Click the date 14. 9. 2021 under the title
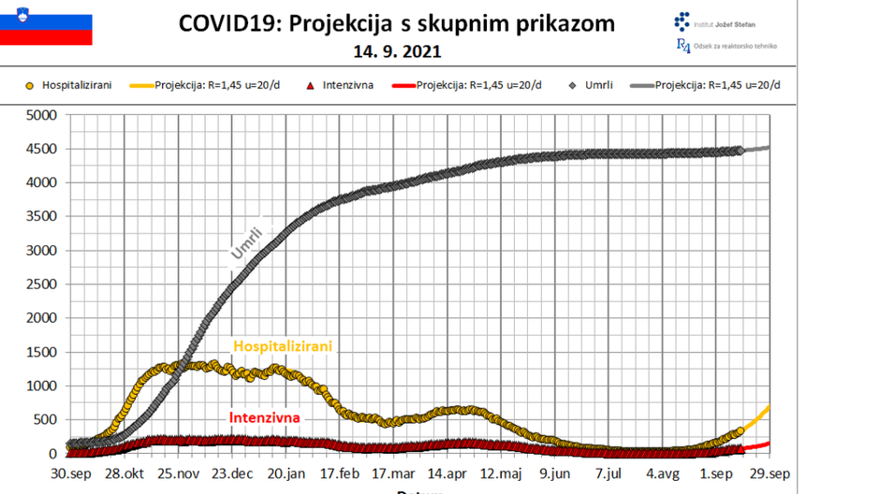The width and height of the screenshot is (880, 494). click(x=397, y=51)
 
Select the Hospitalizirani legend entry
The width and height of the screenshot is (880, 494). click(x=69, y=85)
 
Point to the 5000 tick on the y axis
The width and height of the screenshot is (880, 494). click(x=42, y=115)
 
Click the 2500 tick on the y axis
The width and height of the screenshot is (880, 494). click(x=42, y=284)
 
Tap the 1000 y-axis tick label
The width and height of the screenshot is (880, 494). click(x=42, y=385)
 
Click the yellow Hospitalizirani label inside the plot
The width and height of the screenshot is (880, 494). click(x=283, y=346)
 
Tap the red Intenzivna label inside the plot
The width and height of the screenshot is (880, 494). click(x=265, y=417)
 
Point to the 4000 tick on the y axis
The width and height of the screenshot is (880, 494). click(x=42, y=183)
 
